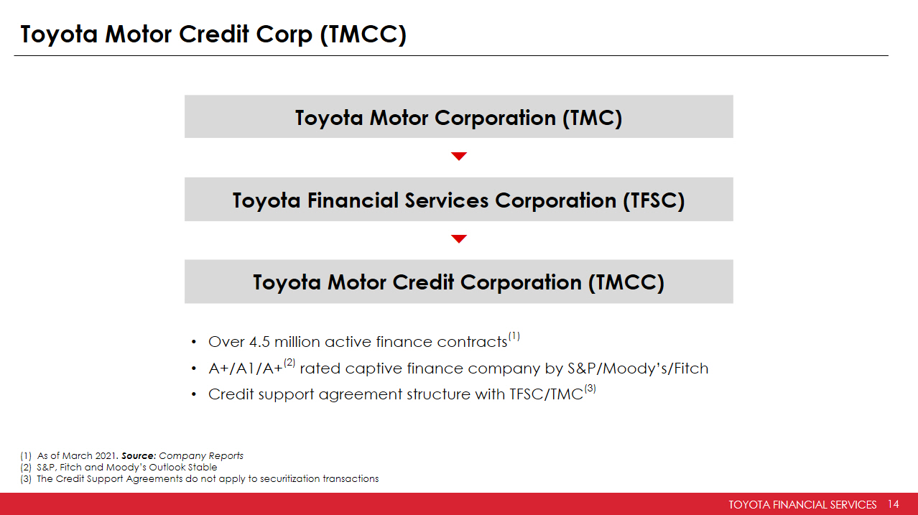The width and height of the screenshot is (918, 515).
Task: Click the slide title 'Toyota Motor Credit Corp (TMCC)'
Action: pos(213,34)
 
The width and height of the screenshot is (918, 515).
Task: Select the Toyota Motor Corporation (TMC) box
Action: pos(458,116)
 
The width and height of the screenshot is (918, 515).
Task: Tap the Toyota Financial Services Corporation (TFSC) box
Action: pos(458,199)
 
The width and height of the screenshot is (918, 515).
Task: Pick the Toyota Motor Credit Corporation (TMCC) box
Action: pos(458,282)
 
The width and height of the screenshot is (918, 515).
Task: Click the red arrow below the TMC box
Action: pos(459,156)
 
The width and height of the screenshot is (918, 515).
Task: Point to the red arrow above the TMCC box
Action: pos(459,239)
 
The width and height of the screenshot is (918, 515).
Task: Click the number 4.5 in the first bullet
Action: pos(259,342)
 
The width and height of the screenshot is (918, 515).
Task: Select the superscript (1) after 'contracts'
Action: pos(514,336)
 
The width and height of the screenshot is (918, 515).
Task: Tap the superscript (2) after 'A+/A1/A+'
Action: pos(289,363)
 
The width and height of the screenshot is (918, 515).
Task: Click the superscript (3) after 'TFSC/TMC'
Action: pos(590,389)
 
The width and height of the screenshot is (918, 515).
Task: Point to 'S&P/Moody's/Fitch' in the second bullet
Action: pos(638,368)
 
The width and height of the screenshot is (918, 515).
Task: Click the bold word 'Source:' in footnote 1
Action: pos(139,455)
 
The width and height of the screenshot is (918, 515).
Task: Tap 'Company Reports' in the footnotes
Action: pos(201,456)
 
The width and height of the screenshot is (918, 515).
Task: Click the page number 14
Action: pos(894,504)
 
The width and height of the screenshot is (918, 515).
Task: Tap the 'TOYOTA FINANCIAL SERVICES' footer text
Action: pos(802,504)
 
